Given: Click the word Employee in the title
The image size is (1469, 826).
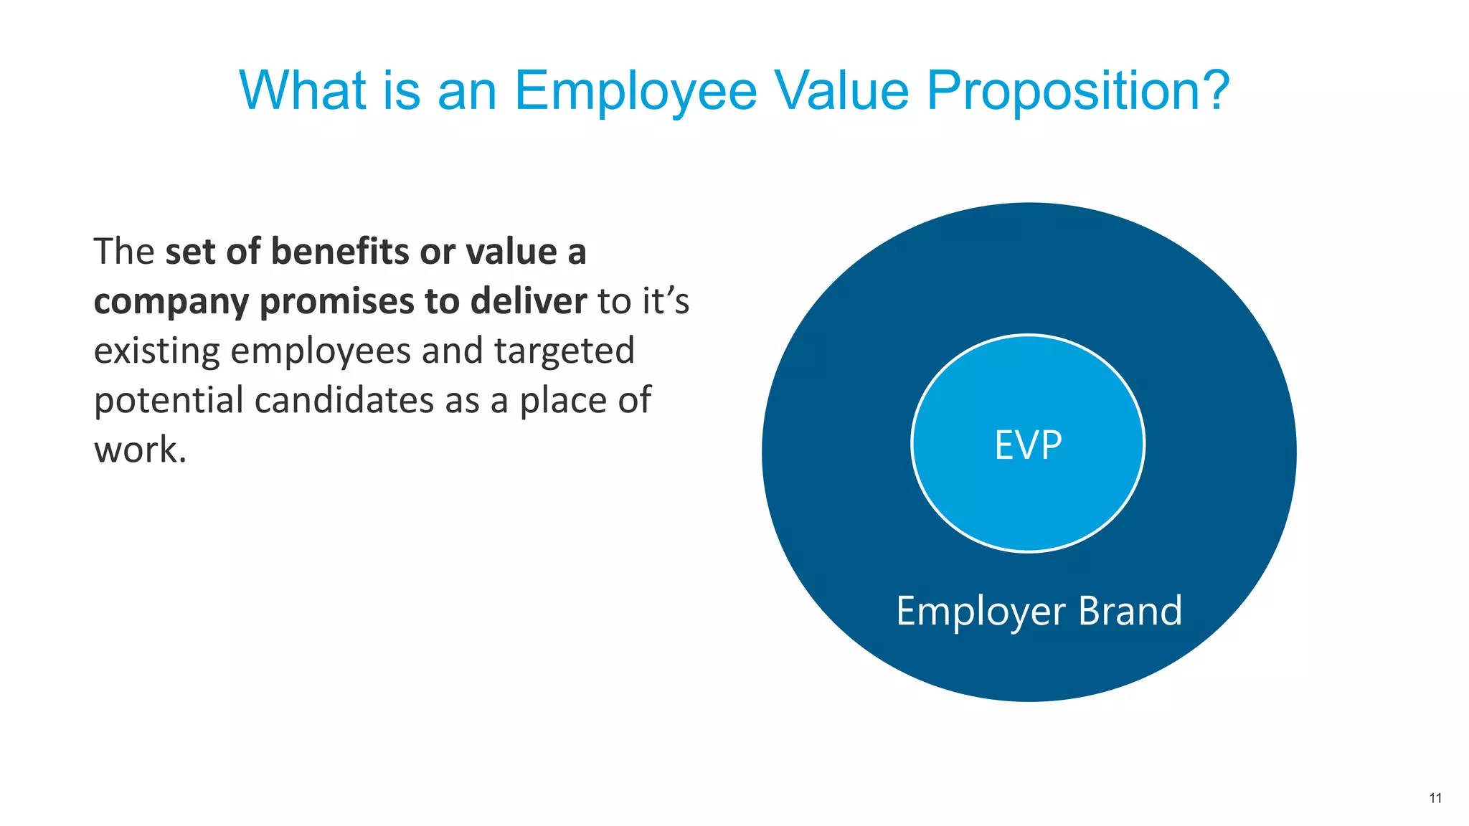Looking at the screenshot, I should pyautogui.click(x=636, y=92).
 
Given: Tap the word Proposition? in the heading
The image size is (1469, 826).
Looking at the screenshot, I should pyautogui.click(x=1078, y=92).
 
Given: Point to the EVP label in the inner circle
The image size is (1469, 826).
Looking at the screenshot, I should pyautogui.click(x=1028, y=445).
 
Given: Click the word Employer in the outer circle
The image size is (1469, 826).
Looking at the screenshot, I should pyautogui.click(x=981, y=612).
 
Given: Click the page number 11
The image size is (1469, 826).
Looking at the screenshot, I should pyautogui.click(x=1435, y=798).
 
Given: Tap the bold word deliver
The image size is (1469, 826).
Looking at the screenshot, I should pyautogui.click(x=529, y=300).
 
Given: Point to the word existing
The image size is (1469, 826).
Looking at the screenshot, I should pyautogui.click(x=156, y=351).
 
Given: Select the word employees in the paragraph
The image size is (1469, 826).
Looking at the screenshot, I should pyautogui.click(x=321, y=351).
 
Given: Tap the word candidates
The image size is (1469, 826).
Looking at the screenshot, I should pyautogui.click(x=344, y=400).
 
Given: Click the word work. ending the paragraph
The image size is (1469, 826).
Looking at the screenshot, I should pyautogui.click(x=140, y=450).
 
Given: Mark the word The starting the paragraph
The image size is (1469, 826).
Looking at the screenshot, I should pyautogui.click(x=124, y=252).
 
